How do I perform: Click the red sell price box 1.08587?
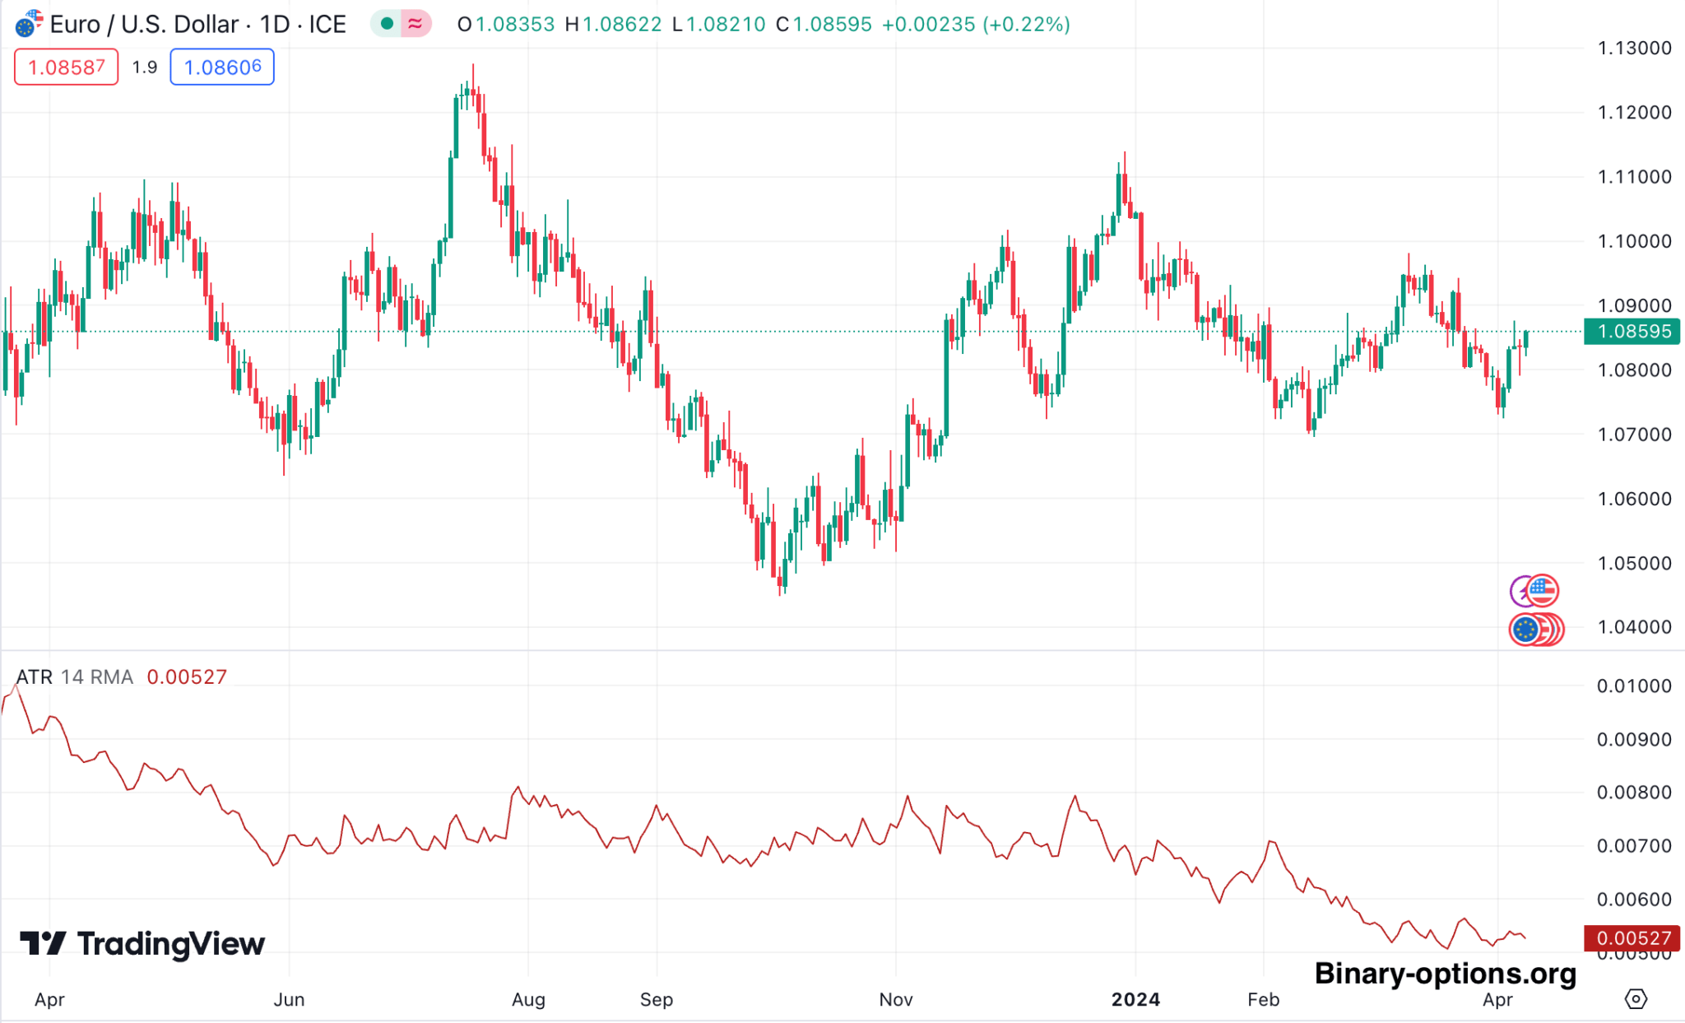66,67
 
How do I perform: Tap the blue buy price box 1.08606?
222,67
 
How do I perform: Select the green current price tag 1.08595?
1632,332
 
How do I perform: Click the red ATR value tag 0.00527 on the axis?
1632,938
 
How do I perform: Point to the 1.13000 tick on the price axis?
1634,48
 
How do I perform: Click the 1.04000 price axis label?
1634,627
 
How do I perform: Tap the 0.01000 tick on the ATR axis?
1634,686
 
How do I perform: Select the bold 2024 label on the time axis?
1135,999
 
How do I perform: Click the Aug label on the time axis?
528,999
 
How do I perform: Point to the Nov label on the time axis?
895,999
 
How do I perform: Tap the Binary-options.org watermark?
1445,974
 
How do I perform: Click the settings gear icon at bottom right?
1636,999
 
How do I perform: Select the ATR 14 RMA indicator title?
74,677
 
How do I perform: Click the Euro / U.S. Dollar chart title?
197,25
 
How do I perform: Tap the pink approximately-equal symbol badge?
415,24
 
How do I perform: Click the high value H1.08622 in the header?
613,25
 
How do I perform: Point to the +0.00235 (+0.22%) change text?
976,25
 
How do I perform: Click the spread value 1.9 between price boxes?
145,67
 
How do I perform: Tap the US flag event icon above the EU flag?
1542,590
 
